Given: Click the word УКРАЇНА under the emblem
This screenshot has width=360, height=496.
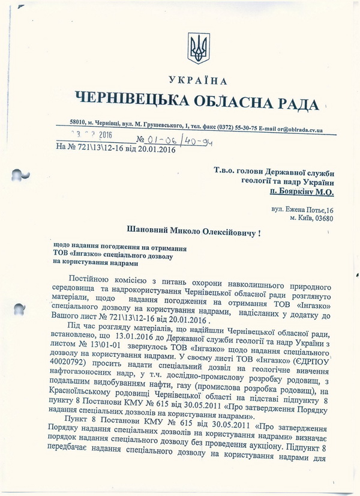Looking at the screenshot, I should (198, 81).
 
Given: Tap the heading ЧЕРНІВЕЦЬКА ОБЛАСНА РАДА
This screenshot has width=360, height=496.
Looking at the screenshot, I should (196, 101).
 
